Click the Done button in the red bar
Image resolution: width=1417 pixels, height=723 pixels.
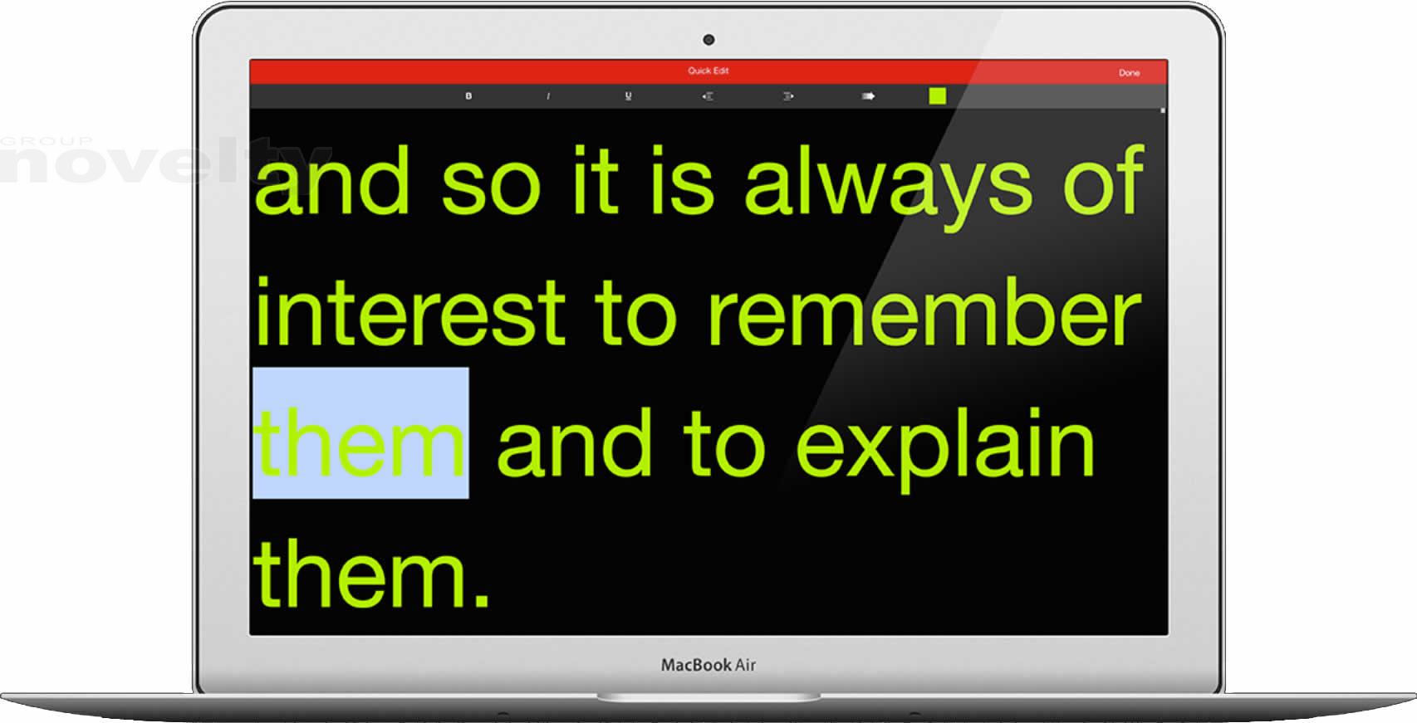[1129, 73]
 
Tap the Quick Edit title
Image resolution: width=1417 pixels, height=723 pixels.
[708, 71]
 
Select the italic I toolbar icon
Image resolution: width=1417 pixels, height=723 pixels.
[548, 96]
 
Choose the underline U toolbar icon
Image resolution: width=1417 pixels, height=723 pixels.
[628, 96]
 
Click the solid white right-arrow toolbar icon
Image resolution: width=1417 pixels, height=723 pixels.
[868, 96]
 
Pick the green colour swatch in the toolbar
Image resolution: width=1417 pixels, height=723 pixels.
[938, 96]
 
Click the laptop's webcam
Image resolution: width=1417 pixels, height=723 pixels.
[708, 40]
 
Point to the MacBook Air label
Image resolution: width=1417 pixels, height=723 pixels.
[708, 665]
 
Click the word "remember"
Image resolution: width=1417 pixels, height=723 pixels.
[924, 312]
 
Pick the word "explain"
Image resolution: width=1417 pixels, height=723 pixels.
[944, 449]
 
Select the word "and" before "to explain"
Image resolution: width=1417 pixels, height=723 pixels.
[575, 442]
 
